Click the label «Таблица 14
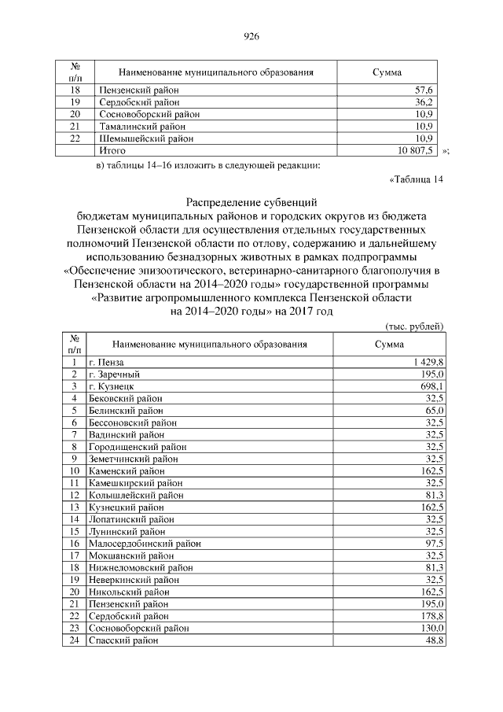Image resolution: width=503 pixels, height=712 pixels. (417, 179)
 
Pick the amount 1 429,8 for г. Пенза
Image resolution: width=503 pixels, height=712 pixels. (427, 361)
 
